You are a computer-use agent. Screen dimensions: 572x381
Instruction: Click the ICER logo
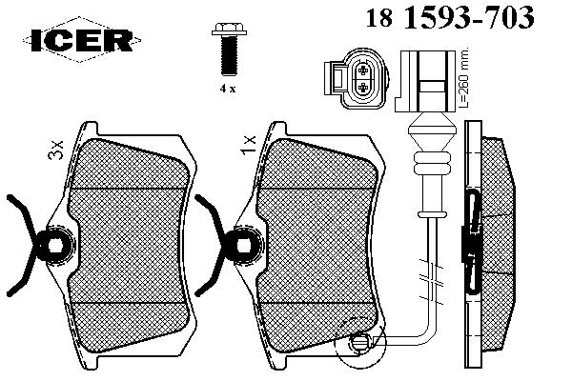[82, 39]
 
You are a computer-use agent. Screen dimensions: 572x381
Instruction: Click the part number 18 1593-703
[450, 17]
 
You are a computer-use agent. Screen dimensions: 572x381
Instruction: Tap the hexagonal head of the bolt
[229, 29]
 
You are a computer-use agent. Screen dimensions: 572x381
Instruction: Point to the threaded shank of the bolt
[229, 56]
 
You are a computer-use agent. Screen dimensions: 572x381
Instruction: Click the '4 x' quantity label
[228, 89]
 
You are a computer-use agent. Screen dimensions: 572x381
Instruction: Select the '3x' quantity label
[56, 150]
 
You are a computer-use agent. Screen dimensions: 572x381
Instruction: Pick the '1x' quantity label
[249, 145]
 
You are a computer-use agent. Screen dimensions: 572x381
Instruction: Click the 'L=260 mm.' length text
[463, 77]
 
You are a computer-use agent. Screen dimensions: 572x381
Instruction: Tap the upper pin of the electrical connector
[363, 70]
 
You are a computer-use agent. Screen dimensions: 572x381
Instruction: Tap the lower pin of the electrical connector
[363, 87]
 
